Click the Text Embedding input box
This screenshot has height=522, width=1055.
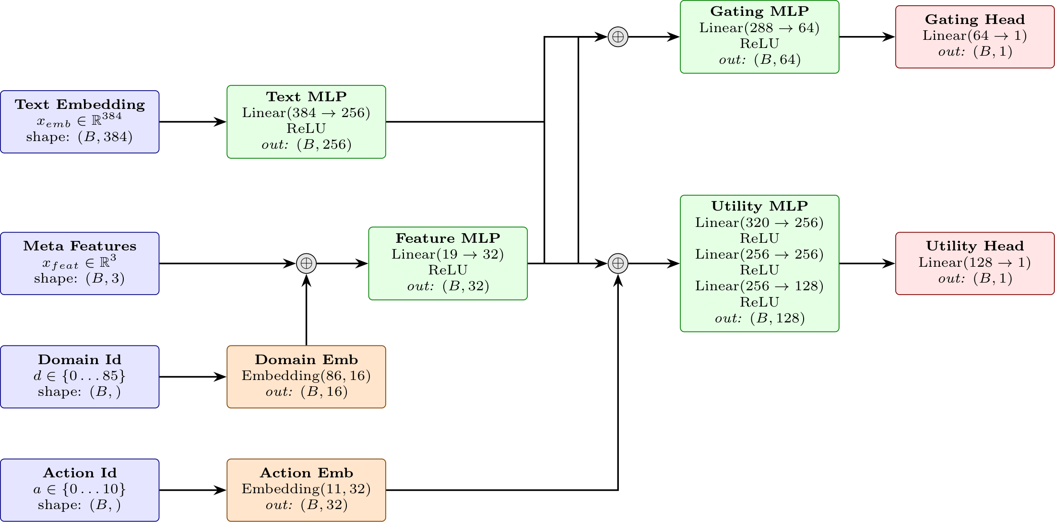pos(80,122)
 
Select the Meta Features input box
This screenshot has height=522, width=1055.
pos(80,263)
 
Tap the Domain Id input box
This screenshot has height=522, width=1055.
pos(80,377)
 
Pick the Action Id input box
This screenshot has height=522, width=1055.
pos(80,490)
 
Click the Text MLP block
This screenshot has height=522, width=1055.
pos(306,122)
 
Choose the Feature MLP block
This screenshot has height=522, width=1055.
pos(448,263)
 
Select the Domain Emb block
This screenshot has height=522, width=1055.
pos(306,377)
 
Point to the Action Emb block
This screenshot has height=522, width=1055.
pos(306,490)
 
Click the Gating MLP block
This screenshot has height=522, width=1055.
pos(759,37)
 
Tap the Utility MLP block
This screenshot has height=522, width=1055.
pos(759,263)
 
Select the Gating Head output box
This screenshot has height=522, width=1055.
pos(975,37)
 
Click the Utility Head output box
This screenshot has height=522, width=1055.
pos(975,263)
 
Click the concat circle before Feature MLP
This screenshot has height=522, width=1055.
pos(306,263)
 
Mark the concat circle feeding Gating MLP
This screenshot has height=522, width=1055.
pos(618,37)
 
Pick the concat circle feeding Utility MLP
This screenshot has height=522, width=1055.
pos(618,263)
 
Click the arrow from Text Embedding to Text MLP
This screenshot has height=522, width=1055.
pos(193,122)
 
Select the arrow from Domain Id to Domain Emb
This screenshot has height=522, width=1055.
pos(193,377)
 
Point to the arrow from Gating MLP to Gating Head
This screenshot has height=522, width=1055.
pos(867,37)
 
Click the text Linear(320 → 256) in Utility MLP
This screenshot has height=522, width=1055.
pos(759,223)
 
